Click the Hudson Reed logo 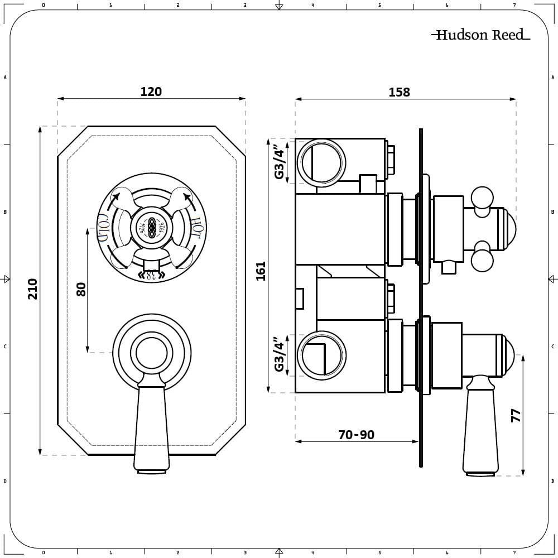[x=480, y=35]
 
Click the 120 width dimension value [x=151, y=92]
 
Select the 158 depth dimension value [x=399, y=92]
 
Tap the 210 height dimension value [x=33, y=288]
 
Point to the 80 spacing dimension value [x=81, y=289]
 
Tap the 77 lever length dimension [x=516, y=415]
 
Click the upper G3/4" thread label [x=280, y=161]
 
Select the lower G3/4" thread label [x=280, y=355]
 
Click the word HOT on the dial [x=196, y=226]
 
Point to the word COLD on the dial [x=104, y=226]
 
